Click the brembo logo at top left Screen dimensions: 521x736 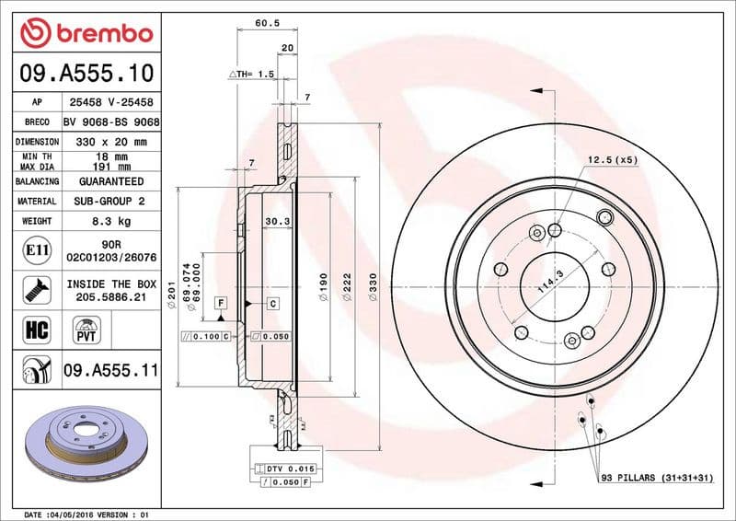point(86,32)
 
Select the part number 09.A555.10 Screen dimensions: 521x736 point(86,73)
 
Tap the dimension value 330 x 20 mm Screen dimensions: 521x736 point(111,142)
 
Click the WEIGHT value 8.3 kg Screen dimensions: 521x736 point(111,221)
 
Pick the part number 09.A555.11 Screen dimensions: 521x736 point(111,372)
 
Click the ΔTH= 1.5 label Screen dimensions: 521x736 point(252,74)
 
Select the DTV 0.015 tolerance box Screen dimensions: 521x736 point(294,469)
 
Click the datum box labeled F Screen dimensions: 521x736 point(221,302)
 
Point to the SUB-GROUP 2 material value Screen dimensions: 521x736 point(111,201)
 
